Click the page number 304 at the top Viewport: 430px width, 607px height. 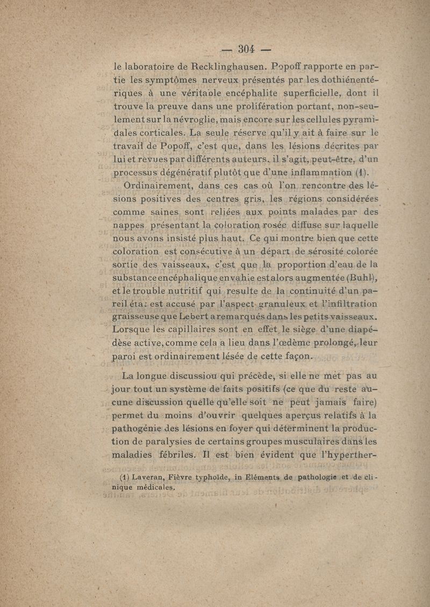[x=246, y=49]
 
